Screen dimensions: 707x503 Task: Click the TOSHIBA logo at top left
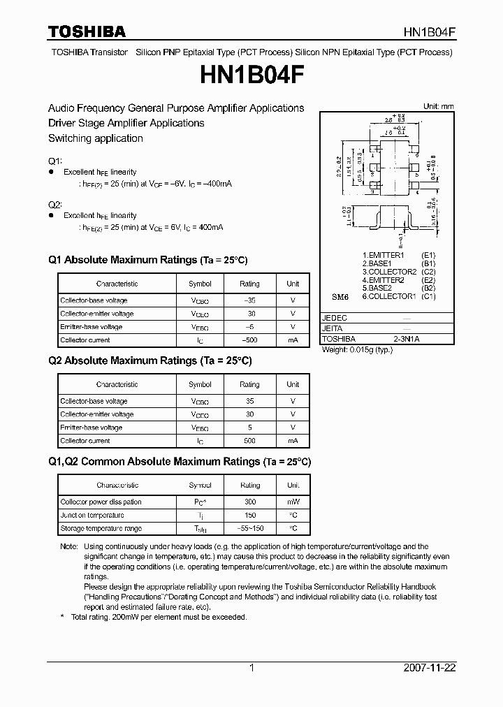tap(87, 31)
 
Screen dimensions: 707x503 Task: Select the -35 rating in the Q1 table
tap(249, 300)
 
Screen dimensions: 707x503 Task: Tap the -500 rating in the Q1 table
tap(249, 340)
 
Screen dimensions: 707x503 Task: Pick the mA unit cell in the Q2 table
tap(293, 441)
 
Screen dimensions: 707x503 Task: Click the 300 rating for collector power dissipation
tap(249, 502)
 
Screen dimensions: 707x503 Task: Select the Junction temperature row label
tap(92, 515)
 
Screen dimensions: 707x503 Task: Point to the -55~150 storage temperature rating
tap(249, 528)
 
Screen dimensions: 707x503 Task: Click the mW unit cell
tap(293, 502)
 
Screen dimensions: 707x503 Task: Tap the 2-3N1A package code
tap(407, 339)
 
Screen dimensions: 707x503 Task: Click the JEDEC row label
tap(334, 318)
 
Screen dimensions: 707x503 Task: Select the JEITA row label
tap(333, 328)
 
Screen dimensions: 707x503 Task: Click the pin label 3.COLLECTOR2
tap(389, 272)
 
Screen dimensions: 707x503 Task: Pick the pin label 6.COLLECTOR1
tap(389, 296)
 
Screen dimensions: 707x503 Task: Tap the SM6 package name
tap(340, 297)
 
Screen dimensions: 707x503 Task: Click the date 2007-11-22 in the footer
tap(430, 668)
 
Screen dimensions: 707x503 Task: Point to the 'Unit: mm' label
tap(439, 106)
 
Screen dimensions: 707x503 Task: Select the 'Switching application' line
tap(96, 138)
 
